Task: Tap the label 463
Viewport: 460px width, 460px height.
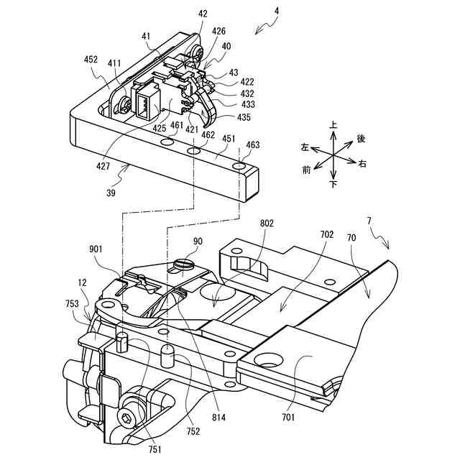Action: click(252, 145)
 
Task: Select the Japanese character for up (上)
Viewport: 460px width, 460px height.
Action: click(333, 125)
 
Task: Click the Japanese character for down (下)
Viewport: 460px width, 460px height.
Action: click(333, 184)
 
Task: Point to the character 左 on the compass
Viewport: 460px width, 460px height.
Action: click(305, 147)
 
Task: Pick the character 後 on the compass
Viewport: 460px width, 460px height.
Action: click(361, 138)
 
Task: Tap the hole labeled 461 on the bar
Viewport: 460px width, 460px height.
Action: click(167, 144)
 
